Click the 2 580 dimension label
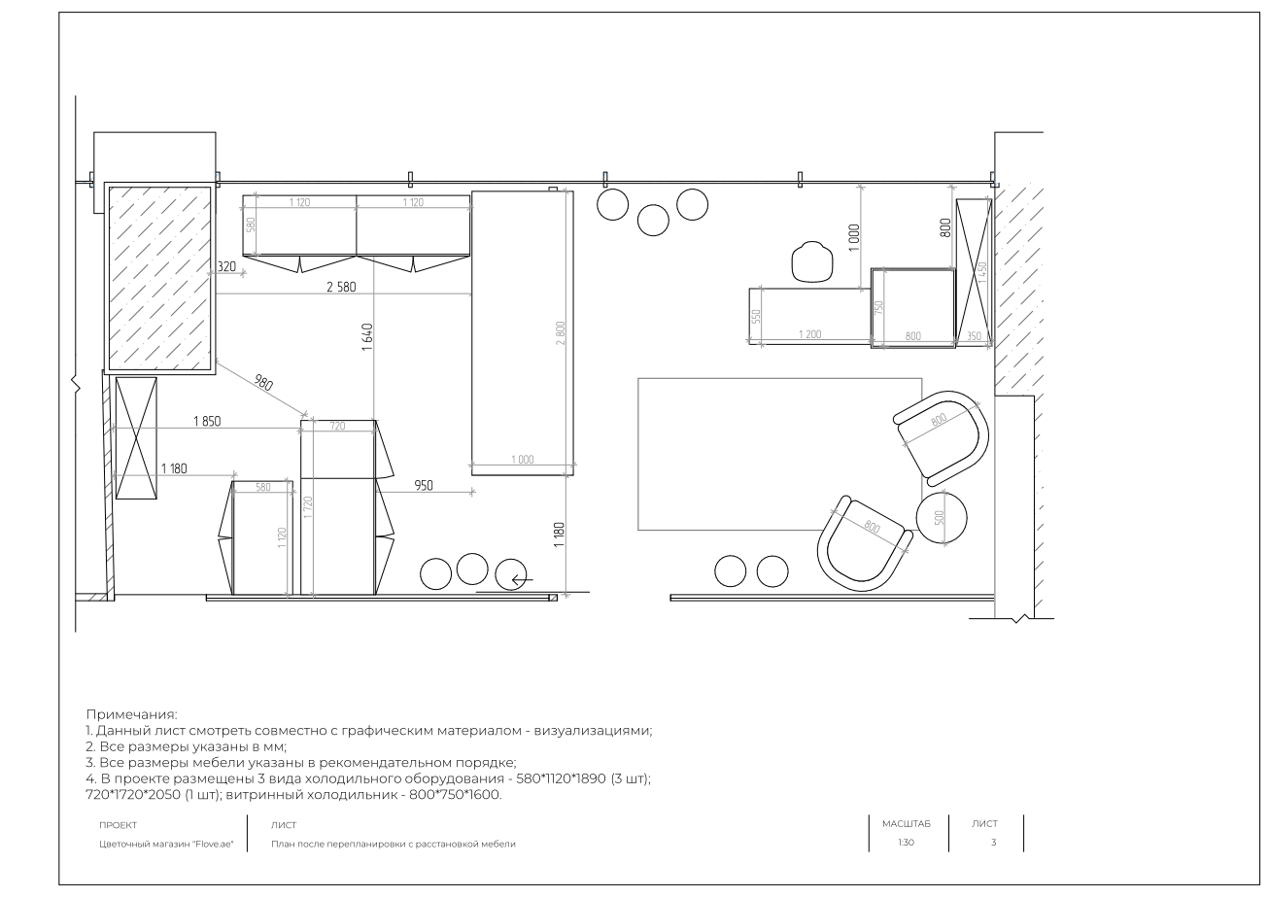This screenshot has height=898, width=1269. (x=341, y=288)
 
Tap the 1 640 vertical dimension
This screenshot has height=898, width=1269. (x=367, y=337)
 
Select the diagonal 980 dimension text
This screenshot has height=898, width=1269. (x=263, y=383)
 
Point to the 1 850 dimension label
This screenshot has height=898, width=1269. (x=207, y=421)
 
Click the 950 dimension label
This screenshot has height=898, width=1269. (x=424, y=486)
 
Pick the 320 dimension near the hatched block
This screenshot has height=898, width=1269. (x=226, y=266)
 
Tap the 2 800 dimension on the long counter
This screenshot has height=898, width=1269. (x=561, y=333)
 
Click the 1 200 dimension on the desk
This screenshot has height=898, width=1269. (x=809, y=334)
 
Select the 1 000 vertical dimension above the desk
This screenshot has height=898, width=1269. (x=854, y=237)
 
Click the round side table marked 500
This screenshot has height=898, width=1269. (x=942, y=518)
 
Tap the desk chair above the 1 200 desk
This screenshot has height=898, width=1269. (x=811, y=261)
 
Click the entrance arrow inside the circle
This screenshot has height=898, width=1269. (x=522, y=579)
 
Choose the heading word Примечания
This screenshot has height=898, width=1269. (x=131, y=714)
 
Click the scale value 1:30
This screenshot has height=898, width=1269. (x=906, y=843)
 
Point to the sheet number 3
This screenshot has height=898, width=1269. (x=993, y=843)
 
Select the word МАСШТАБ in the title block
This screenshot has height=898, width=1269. (x=906, y=824)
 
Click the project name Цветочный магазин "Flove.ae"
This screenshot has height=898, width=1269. (x=166, y=844)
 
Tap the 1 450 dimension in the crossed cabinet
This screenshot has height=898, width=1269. (x=982, y=272)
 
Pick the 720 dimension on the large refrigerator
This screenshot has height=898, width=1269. (x=337, y=426)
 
